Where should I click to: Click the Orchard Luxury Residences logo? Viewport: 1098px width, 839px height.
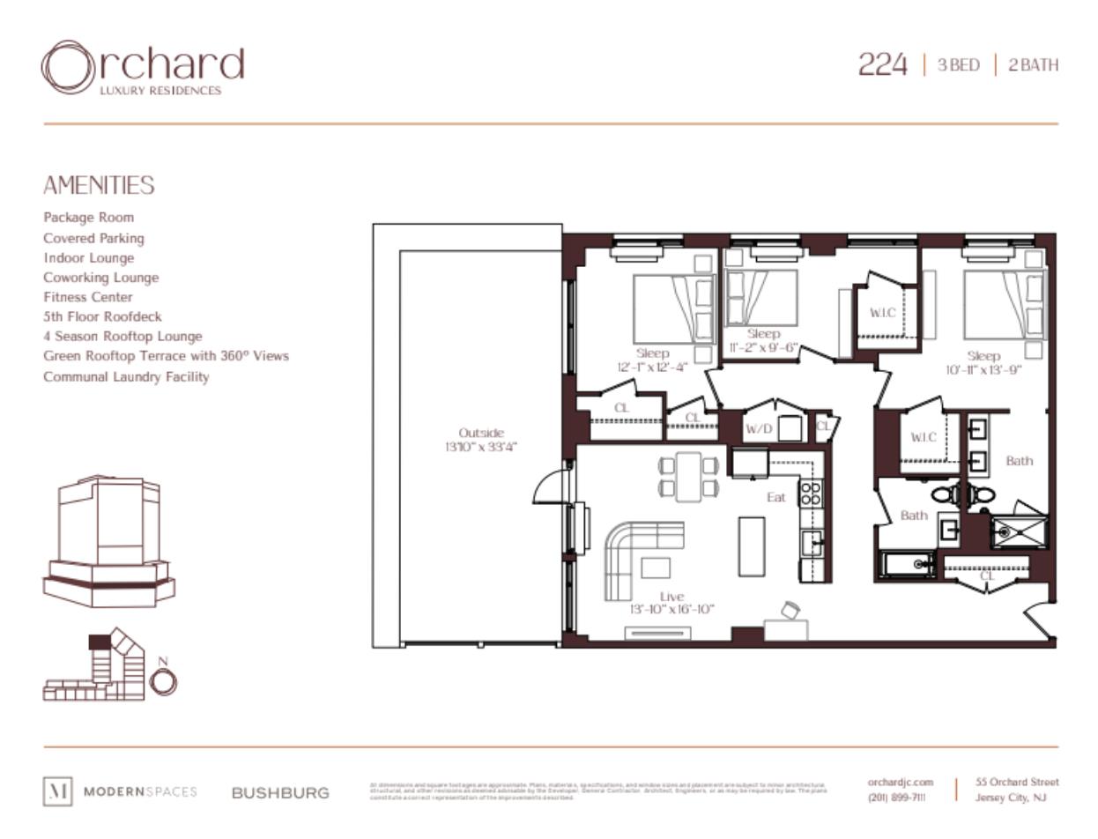141,67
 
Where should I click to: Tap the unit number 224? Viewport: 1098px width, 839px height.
882,65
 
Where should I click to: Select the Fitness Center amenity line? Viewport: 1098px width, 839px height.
88,297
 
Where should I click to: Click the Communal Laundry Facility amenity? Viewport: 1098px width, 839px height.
126,376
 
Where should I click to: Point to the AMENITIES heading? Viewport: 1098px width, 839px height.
99,185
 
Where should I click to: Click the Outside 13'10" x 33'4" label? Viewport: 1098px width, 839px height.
480,440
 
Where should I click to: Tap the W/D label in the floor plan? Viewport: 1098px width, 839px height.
758,429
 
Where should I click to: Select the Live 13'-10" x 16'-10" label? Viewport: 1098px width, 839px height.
671,603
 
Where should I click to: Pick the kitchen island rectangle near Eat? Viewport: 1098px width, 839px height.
751,546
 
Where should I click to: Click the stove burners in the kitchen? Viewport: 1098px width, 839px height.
810,493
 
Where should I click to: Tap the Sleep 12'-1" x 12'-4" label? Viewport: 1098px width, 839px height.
652,360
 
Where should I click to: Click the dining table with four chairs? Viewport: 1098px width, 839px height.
688,476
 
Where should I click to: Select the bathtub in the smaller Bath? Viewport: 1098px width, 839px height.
908,563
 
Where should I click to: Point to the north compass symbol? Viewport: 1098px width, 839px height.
164,680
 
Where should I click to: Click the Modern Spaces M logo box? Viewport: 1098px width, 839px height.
57,791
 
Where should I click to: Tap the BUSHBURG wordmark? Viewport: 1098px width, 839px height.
280,793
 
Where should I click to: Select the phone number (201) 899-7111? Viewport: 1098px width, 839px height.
896,798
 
